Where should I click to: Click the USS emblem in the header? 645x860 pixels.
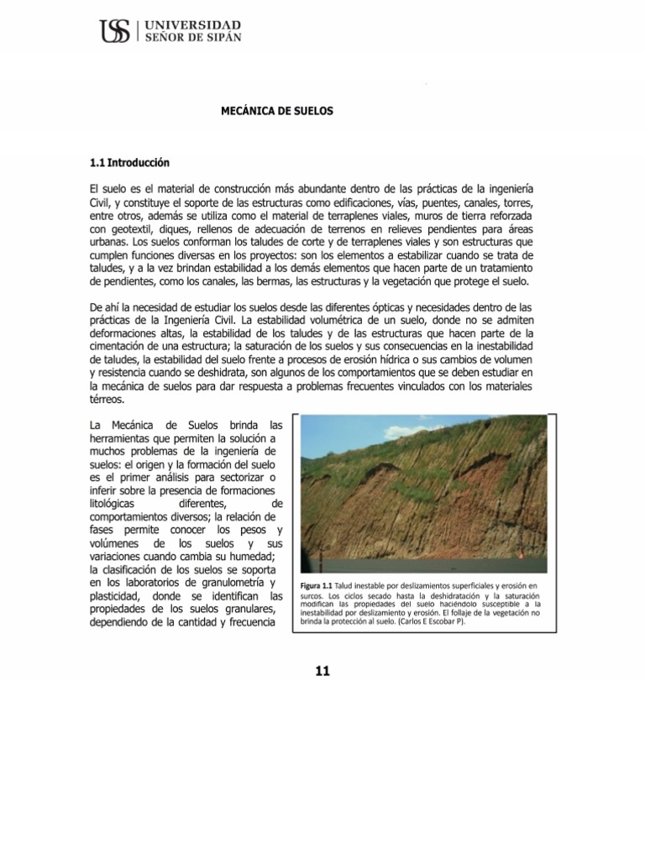coord(114,33)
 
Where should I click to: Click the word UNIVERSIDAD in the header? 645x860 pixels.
coord(193,26)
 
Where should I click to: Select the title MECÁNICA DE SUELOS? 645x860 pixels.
coord(276,111)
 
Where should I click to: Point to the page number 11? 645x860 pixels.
coord(323,669)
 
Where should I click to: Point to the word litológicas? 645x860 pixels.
coord(118,501)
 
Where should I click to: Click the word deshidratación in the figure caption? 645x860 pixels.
coord(461,595)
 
